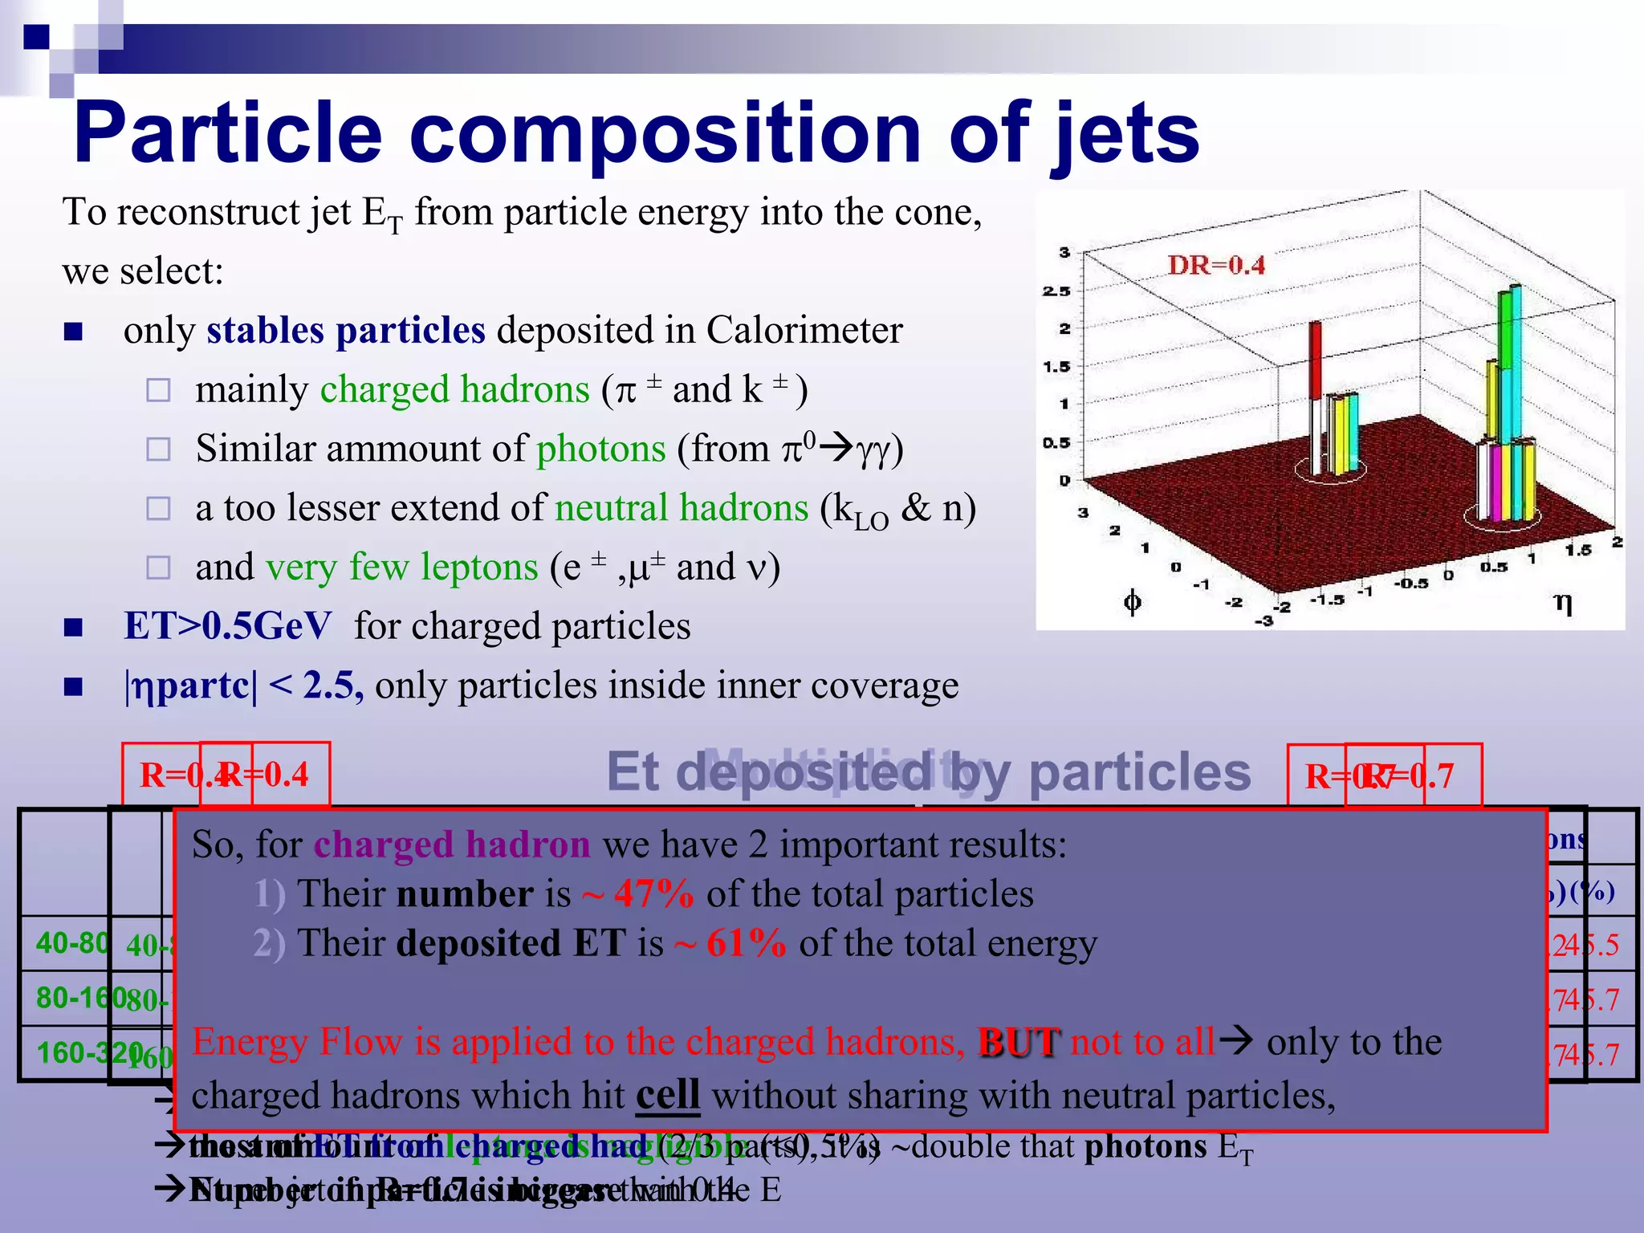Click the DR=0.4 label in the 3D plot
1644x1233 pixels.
tap(1215, 266)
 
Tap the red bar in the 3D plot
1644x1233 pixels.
tap(1316, 361)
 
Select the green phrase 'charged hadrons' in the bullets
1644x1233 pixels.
tap(454, 390)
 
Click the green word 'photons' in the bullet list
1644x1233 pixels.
tap(600, 449)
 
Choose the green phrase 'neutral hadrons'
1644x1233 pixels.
tap(681, 508)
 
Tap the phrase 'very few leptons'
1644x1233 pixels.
tap(401, 568)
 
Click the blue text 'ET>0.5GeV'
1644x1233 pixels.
tap(227, 626)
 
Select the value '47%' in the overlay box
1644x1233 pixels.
tap(653, 894)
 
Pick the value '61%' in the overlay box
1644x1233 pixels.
tap(746, 944)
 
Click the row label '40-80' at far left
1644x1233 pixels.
tap(71, 943)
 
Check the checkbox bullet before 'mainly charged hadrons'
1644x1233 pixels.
tap(158, 391)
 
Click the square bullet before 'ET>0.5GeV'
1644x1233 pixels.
tap(73, 627)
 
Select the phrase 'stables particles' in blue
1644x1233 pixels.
tap(346, 331)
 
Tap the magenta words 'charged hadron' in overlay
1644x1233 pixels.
tap(451, 845)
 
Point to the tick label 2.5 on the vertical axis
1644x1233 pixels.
tap(1056, 291)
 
